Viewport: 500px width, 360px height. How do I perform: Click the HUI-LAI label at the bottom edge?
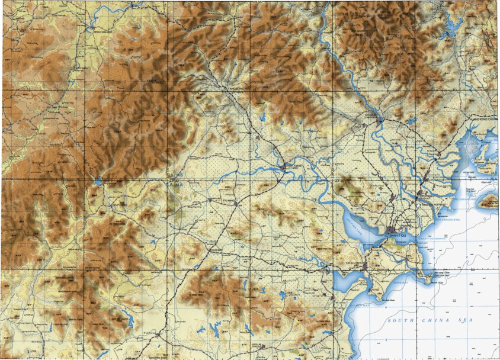[x=256, y=344]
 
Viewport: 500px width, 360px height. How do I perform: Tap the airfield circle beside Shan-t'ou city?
[x=391, y=229]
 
